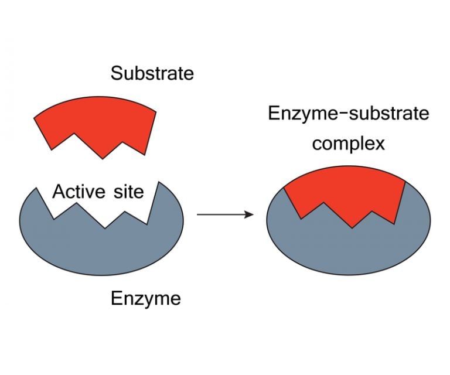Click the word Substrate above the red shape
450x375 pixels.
coord(152,74)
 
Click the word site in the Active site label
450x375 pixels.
coord(125,192)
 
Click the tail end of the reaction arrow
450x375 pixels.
coord(198,214)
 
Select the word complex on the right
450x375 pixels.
coord(349,144)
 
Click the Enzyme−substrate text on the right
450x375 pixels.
coord(349,114)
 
